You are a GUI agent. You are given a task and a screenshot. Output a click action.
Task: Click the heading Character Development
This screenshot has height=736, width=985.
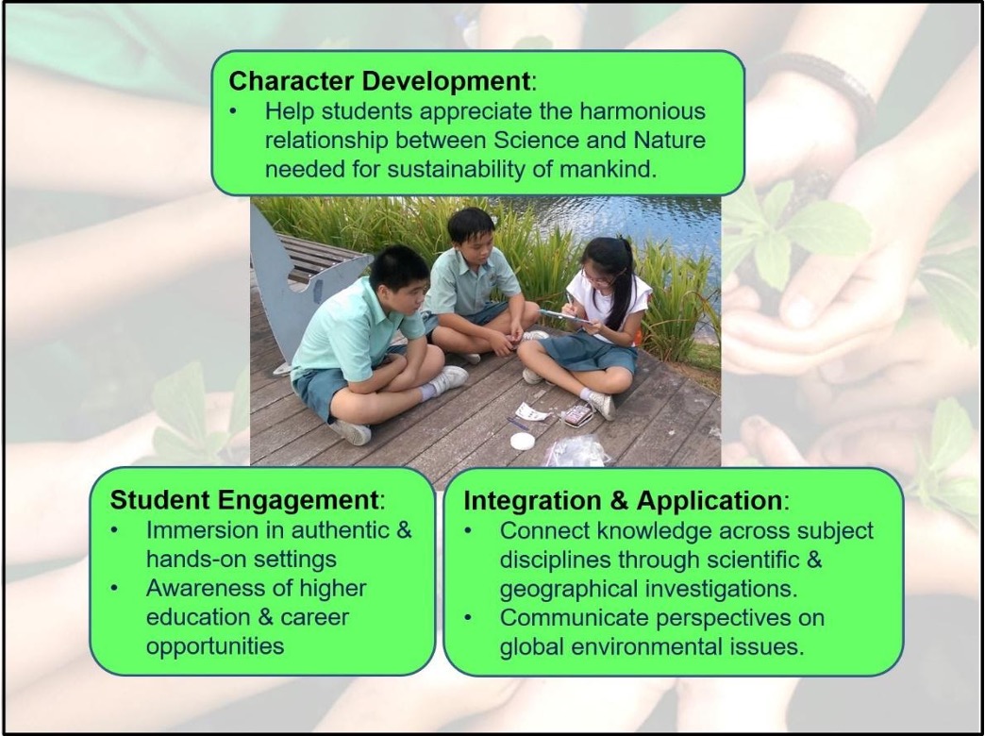[379, 81]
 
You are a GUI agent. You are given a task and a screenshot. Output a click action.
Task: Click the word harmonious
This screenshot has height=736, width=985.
[642, 111]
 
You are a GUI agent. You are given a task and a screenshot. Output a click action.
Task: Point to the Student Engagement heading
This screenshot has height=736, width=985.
[244, 500]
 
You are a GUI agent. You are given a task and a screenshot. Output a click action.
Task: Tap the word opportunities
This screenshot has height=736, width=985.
[215, 646]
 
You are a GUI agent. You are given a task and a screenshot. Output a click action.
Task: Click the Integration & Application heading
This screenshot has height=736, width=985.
[623, 500]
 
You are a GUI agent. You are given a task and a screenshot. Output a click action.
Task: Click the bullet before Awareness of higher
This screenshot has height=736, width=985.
[114, 589]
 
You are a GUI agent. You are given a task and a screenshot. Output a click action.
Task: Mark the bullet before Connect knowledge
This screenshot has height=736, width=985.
[468, 531]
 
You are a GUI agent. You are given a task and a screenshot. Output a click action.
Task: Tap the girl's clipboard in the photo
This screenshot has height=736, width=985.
[564, 316]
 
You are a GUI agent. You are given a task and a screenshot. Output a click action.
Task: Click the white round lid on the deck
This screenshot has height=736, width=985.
[522, 442]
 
